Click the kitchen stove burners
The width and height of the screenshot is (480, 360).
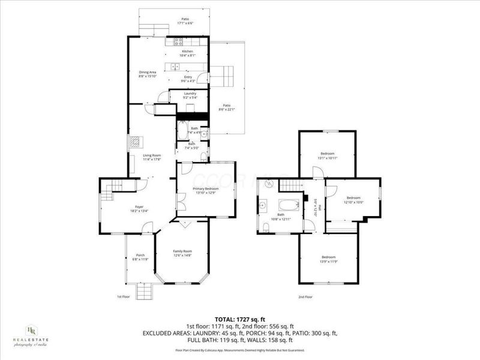[x=178, y=42]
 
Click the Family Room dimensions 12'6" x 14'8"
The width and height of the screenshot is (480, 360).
[x=182, y=256]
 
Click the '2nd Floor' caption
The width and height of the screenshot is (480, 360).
[x=305, y=297]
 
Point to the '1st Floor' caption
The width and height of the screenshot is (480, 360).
[x=124, y=297]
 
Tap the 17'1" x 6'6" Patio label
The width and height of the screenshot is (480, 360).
[x=185, y=21]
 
